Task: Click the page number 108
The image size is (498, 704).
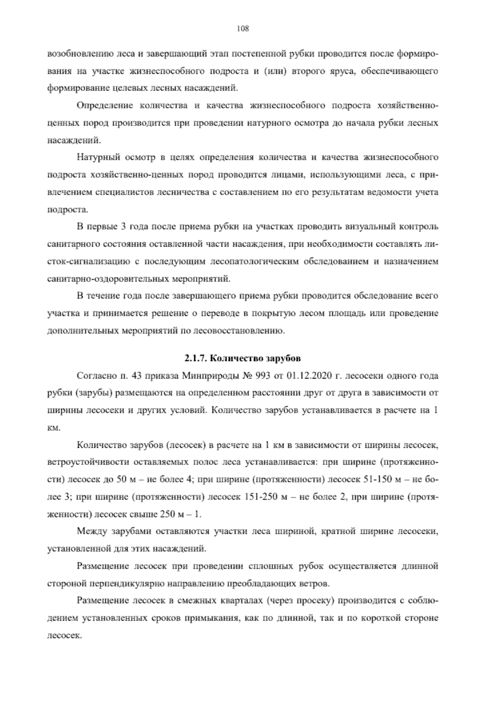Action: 242,29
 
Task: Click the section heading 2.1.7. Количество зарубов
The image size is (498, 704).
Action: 242,358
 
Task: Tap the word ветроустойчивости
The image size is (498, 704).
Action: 83,462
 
